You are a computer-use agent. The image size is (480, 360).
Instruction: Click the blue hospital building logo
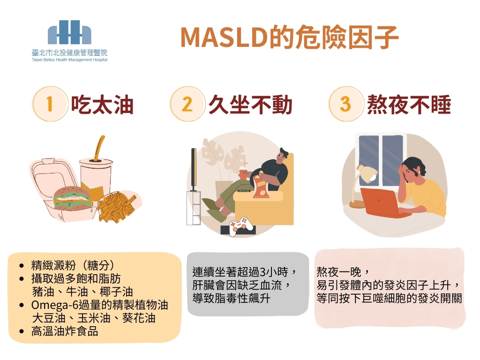[x=69, y=32]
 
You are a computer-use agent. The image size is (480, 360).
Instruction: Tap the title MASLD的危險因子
[x=290, y=37]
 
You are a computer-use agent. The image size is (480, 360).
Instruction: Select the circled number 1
[x=50, y=104]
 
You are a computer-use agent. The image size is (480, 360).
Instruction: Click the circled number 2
[x=187, y=104]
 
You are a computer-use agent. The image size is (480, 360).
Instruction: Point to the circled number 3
[x=346, y=104]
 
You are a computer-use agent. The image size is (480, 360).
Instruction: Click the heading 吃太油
[x=102, y=105]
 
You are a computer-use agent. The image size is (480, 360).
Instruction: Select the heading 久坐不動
[x=250, y=105]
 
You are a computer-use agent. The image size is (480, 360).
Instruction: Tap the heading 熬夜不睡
[x=409, y=105]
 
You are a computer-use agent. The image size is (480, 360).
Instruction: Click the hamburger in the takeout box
[x=73, y=198]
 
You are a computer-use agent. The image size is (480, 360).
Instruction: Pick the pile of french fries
[x=116, y=206]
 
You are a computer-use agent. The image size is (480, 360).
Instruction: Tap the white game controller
[x=241, y=226]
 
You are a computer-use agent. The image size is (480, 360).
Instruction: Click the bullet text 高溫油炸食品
[x=65, y=331]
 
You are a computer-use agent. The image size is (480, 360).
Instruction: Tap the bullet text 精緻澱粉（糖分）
[x=73, y=265]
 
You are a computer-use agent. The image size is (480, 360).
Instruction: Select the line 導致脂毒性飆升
[x=232, y=298]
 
